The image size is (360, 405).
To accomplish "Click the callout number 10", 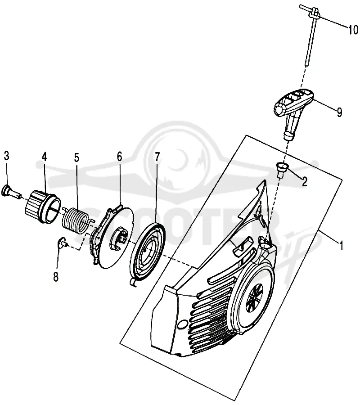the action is coord(353,30).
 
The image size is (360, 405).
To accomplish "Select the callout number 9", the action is coord(339,112).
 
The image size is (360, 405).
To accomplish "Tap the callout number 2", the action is coord(305,182).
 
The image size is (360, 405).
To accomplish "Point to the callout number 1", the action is coord(342,245).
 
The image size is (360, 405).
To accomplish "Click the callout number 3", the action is coord(7,156).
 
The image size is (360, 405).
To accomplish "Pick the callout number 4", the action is coord(45,157).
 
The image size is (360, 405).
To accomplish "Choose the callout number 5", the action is coord(76,157).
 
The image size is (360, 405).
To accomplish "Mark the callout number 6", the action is coord(119,157).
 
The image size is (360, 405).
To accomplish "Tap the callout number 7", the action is coord(157,157).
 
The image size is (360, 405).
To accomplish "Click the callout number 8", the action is coord(56,277).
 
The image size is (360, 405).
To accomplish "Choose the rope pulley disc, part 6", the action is coord(112,235).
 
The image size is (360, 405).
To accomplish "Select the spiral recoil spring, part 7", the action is coord(148,254).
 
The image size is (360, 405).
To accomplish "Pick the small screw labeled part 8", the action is coord(62,243).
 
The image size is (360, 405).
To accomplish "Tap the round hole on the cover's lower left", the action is coord(184,324).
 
